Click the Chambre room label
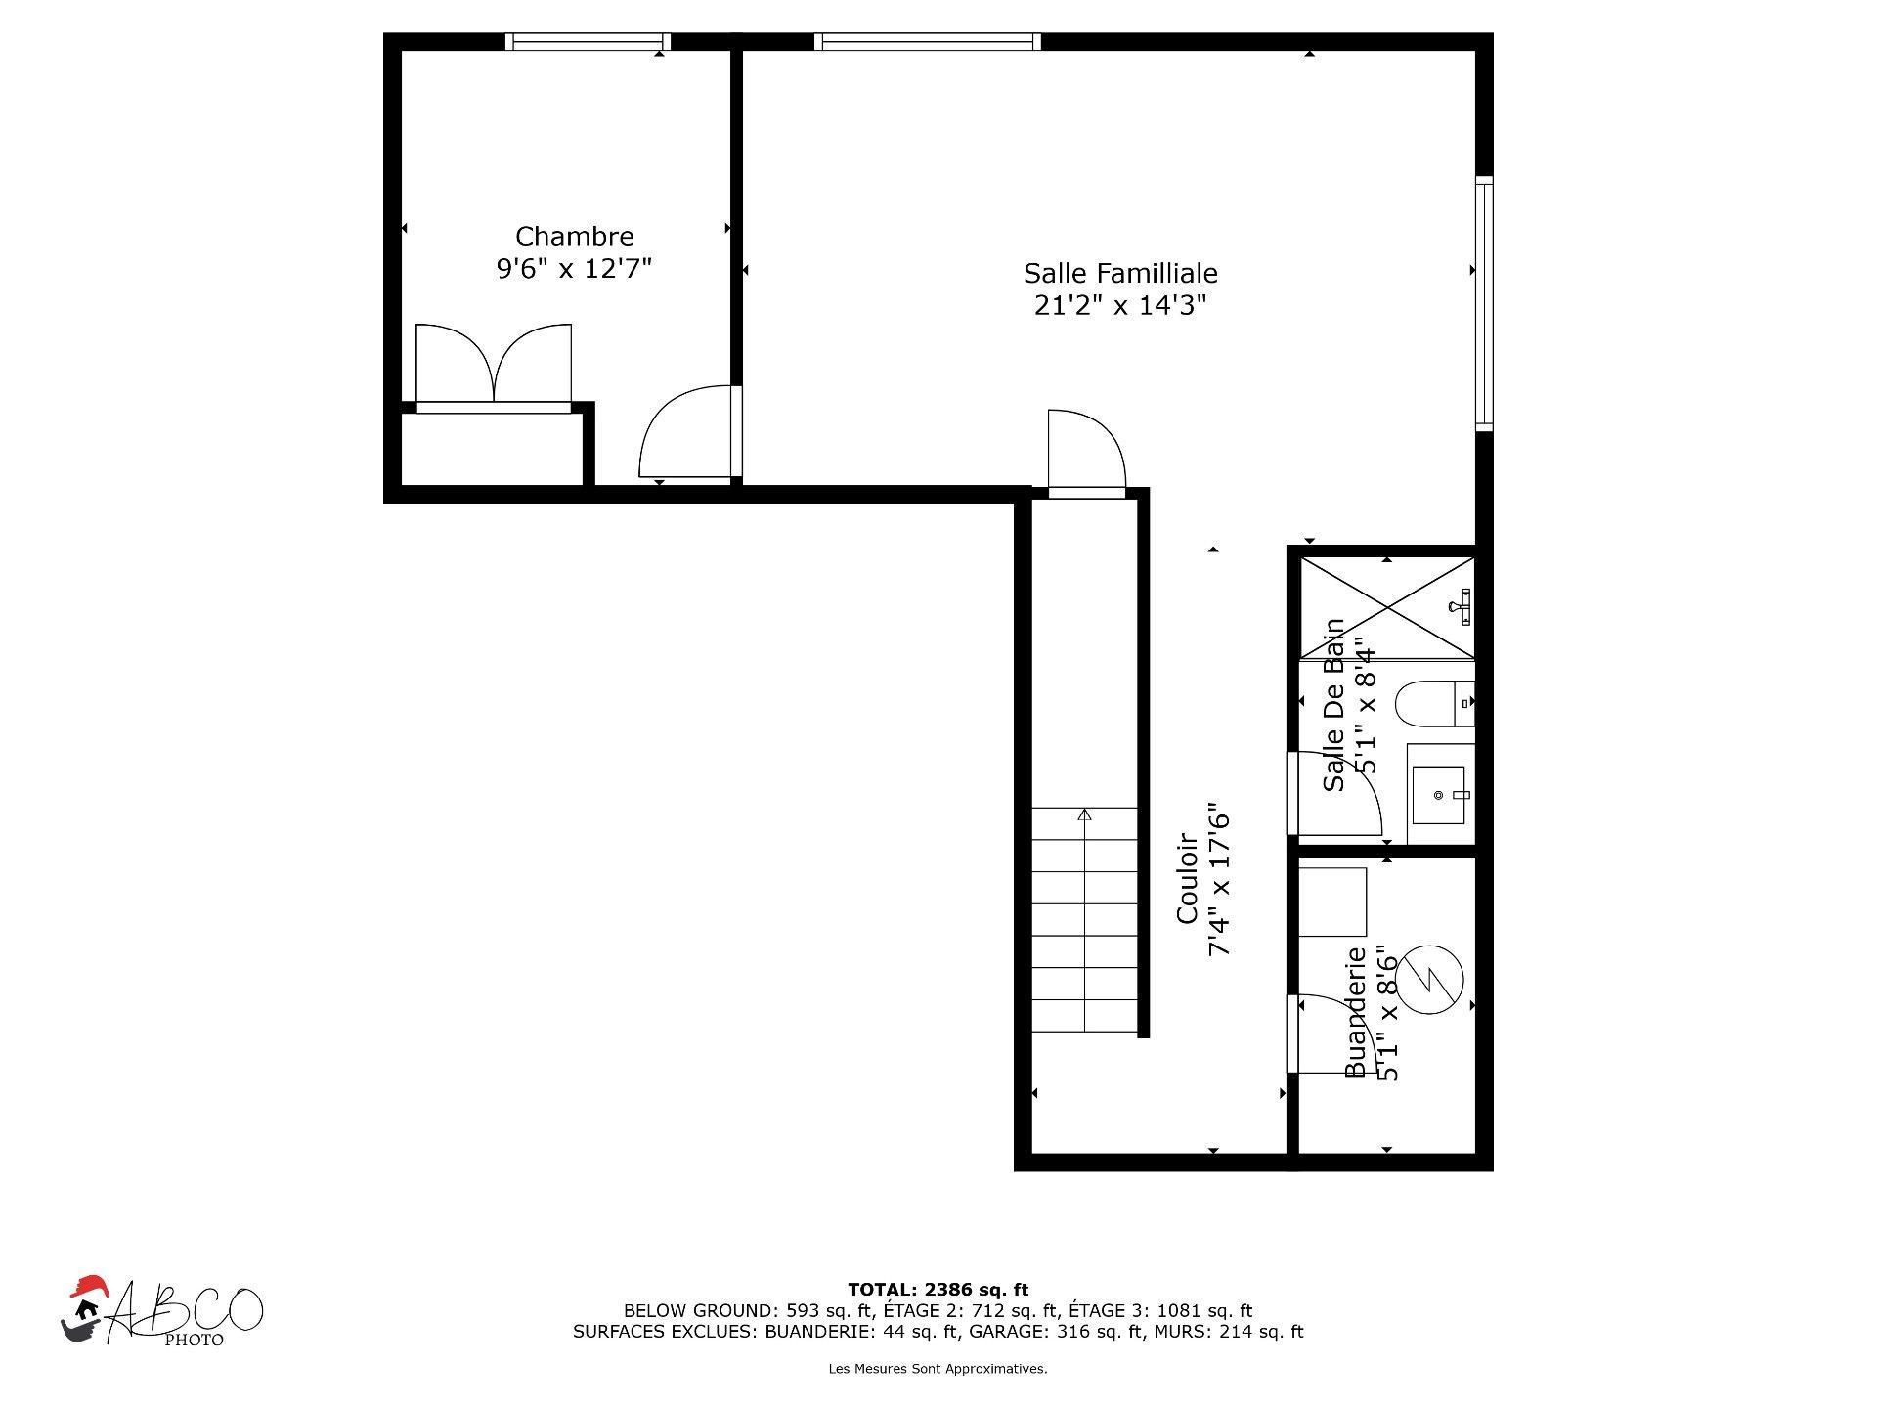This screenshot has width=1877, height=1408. tap(574, 237)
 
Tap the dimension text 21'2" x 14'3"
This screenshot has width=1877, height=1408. tap(1120, 306)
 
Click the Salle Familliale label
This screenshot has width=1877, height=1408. tap(1120, 273)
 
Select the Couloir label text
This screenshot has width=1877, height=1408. tap(1187, 877)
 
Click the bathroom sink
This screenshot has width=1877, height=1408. tap(1439, 795)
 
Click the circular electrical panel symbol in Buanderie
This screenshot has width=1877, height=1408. tap(1428, 980)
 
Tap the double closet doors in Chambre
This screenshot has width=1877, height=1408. tap(494, 364)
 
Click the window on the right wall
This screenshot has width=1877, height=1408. tap(1484, 303)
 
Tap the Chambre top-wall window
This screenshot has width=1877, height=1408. tap(588, 42)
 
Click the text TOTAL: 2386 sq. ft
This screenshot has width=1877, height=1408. tap(938, 1290)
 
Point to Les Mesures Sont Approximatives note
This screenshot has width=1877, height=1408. tap(938, 1369)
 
